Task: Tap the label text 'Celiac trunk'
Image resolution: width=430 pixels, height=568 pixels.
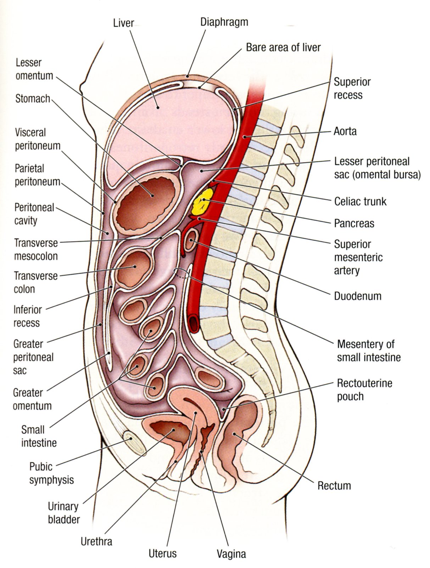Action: (360, 201)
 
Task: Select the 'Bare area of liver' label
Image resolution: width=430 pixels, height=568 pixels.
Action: (283, 47)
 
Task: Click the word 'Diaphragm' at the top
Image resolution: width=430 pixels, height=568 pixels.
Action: (224, 22)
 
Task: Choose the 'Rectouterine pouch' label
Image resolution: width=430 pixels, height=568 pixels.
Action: (364, 389)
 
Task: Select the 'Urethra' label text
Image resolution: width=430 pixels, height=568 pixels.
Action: (96, 541)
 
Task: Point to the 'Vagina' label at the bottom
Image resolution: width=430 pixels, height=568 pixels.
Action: (231, 554)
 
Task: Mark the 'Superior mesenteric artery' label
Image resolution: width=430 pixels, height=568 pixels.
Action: (358, 257)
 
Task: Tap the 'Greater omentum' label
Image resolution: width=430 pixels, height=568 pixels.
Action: (32, 399)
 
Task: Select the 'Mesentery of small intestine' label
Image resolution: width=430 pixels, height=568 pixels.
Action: (369, 350)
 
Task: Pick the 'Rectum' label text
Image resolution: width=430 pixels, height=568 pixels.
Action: (334, 485)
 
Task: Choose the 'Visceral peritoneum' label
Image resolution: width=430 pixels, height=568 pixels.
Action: (38, 139)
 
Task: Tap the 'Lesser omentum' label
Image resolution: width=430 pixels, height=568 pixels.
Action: (34, 69)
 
